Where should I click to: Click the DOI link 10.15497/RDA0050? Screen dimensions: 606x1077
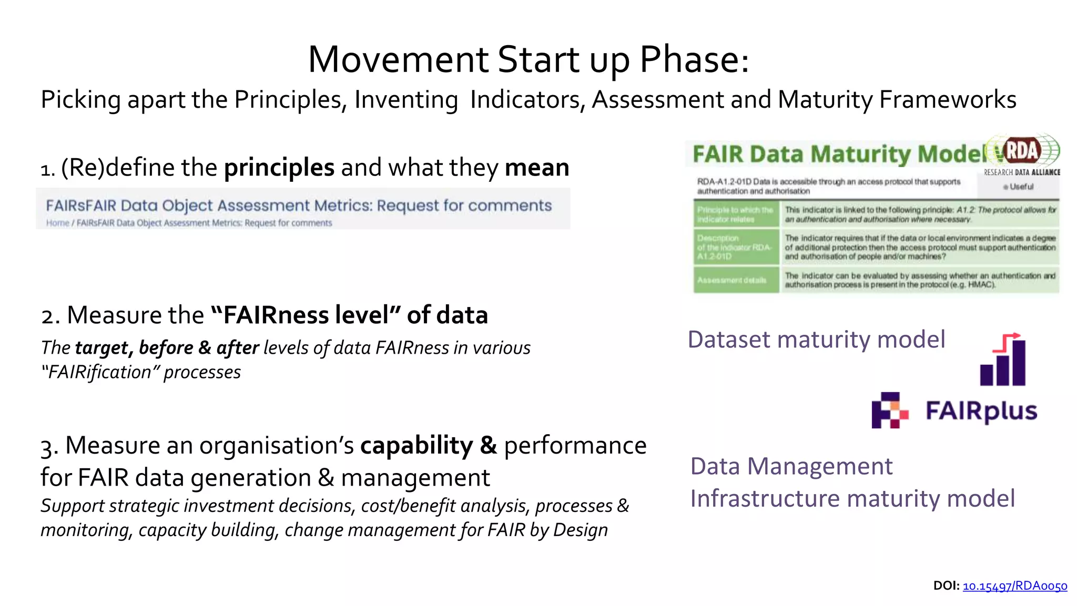[x=1014, y=586]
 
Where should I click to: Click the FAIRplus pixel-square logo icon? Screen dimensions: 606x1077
[x=890, y=410]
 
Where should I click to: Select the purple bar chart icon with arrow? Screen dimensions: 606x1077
[x=1003, y=360]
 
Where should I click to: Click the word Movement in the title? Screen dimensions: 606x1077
[x=399, y=59]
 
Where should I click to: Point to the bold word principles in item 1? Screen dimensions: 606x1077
[x=279, y=168]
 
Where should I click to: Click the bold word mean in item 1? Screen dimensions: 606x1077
[x=537, y=168]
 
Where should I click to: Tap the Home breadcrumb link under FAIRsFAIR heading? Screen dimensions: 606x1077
[x=57, y=223]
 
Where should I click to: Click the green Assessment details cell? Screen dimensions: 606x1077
[x=735, y=280]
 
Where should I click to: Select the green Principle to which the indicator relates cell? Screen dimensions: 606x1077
[x=735, y=214]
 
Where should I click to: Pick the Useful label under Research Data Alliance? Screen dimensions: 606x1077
[x=1021, y=187]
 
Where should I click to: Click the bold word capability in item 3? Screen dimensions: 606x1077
[x=416, y=445]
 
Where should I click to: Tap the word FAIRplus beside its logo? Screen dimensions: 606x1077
[x=981, y=411]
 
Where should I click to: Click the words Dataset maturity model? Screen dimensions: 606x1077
[x=816, y=340]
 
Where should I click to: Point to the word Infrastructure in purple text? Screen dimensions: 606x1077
[x=765, y=498]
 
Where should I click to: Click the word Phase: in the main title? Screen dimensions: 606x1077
[x=694, y=59]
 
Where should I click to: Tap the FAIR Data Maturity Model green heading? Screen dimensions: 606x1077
[x=839, y=154]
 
